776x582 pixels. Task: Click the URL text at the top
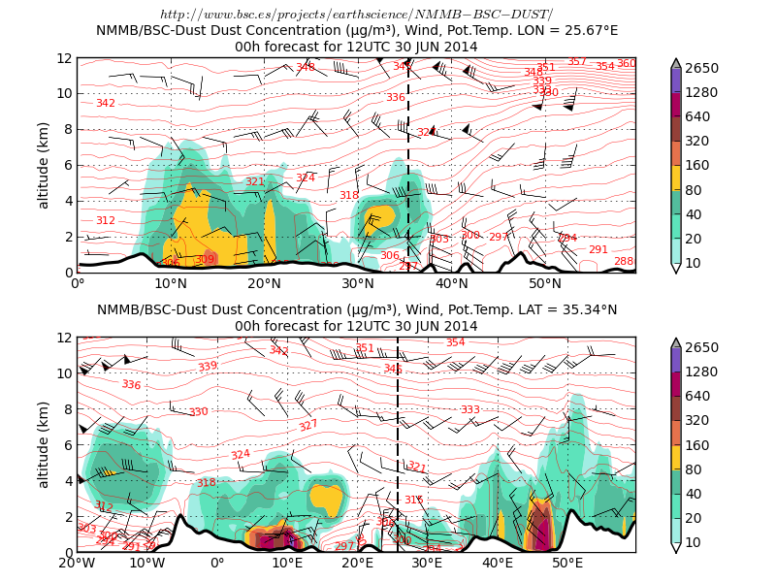[356, 14]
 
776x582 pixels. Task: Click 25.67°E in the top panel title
[586, 30]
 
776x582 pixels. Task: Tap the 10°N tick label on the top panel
[171, 284]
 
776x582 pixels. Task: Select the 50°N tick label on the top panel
[545, 284]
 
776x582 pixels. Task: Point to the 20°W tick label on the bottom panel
[78, 564]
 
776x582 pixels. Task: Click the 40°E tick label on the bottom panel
[498, 564]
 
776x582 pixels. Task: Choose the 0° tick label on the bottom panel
[217, 564]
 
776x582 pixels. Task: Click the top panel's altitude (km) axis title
[44, 165]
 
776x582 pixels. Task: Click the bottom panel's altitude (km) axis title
[44, 444]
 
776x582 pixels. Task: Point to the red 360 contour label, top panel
[627, 64]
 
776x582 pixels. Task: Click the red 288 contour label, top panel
[624, 262]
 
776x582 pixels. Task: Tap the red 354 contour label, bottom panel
[455, 342]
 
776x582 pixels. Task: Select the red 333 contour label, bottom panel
[469, 410]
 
